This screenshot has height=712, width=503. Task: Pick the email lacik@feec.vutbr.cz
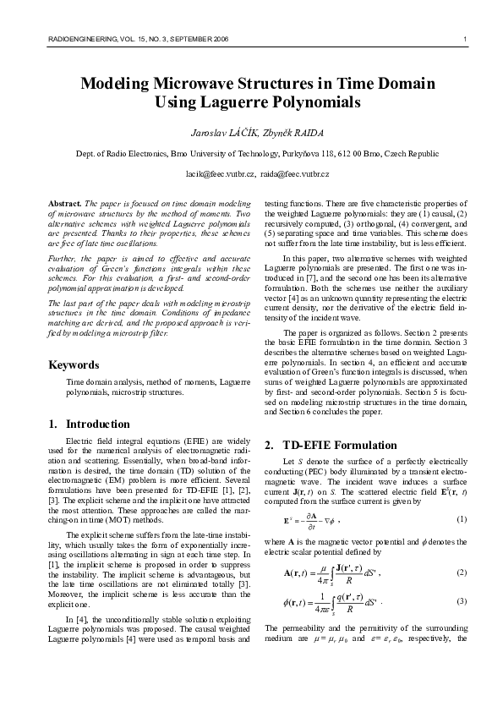pyautogui.click(x=220, y=173)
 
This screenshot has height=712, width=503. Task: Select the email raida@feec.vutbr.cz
pyautogui.click(x=296, y=173)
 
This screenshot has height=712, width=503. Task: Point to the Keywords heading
pyautogui.click(x=74, y=364)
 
